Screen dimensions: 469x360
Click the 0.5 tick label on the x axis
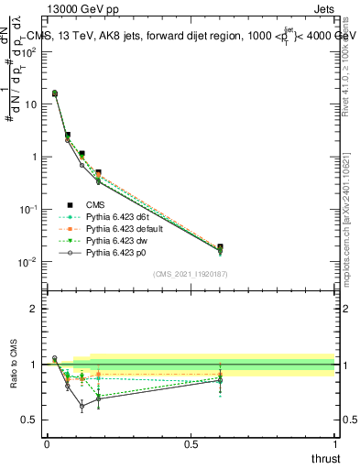191,444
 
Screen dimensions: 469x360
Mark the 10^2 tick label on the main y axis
27,52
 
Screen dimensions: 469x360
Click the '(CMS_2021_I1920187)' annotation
191,274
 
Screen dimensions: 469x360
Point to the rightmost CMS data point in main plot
220,247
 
